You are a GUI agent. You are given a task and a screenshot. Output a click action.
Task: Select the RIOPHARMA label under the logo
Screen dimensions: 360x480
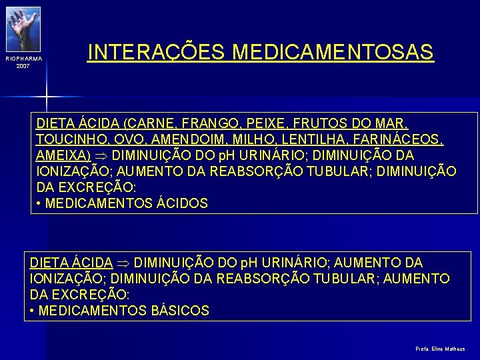tap(23, 59)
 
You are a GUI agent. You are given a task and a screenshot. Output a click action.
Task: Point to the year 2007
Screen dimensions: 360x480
tap(23, 67)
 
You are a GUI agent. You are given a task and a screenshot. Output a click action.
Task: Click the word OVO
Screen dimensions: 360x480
tap(121, 139)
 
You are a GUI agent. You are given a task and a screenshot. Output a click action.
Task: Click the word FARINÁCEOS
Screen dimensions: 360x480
tap(394, 139)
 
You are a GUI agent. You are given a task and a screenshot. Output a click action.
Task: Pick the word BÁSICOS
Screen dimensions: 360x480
tap(181, 311)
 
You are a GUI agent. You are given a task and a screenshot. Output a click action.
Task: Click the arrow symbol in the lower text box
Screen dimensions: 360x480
tap(123, 263)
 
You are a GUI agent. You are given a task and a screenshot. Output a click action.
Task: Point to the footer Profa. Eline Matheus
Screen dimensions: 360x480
tap(440, 349)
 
